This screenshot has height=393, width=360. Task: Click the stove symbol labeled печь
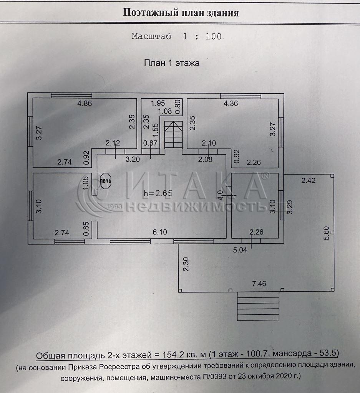[x=106, y=181]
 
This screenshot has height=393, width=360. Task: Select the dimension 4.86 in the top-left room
[x=85, y=103]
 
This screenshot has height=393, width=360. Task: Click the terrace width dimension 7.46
[x=259, y=284]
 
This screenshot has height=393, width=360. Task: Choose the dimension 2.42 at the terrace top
[x=309, y=180]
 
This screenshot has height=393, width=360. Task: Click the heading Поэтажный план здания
[x=181, y=13]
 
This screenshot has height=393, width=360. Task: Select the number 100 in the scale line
[x=214, y=36]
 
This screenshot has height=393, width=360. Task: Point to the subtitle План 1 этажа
[x=171, y=63]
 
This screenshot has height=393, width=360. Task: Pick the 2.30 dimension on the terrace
[x=186, y=264]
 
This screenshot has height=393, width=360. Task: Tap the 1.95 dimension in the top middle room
[x=158, y=103]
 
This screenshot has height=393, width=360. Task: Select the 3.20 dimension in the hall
[x=133, y=159]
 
